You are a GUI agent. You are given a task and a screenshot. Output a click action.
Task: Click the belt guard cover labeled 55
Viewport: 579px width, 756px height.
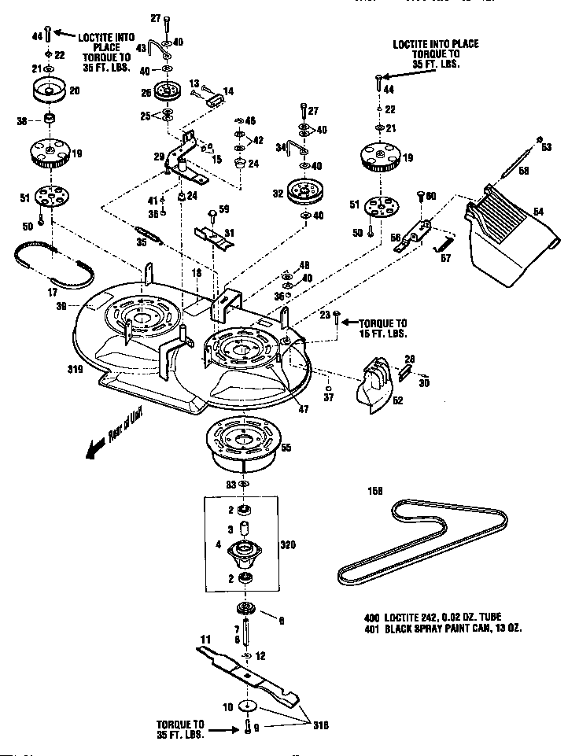(x=245, y=444)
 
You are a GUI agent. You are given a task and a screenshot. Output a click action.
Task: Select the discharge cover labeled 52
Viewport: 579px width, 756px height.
(x=377, y=385)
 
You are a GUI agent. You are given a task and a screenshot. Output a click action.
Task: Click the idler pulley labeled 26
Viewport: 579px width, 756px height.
(x=167, y=94)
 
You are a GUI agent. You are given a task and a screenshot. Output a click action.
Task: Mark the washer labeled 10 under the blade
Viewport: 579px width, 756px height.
(x=249, y=706)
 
